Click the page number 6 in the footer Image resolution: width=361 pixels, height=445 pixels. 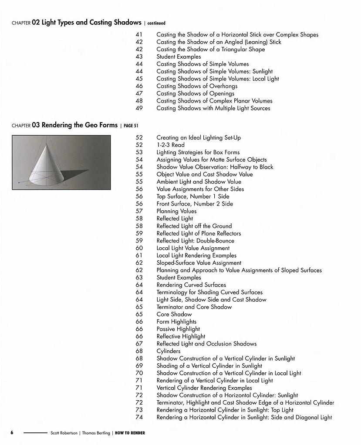12,433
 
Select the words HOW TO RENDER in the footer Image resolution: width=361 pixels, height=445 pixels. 130,433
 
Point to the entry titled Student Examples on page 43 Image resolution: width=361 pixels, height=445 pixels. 179,56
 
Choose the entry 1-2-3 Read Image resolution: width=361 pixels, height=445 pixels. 170,145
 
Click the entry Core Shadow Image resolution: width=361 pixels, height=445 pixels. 174,314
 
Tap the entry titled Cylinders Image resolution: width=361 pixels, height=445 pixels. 169,351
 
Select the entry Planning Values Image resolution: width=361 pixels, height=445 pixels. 176,211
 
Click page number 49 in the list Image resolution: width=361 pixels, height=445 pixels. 139,108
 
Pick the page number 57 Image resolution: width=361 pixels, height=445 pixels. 139,211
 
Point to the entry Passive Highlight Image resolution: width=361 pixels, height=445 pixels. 178,329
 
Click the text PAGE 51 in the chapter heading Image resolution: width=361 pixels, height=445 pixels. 131,126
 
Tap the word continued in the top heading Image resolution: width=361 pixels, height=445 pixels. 156,23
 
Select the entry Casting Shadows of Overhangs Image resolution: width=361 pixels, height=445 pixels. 197,86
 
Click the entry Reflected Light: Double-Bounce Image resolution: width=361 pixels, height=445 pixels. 195,241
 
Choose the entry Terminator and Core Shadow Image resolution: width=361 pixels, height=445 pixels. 194,307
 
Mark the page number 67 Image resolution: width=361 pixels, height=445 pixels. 139,344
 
